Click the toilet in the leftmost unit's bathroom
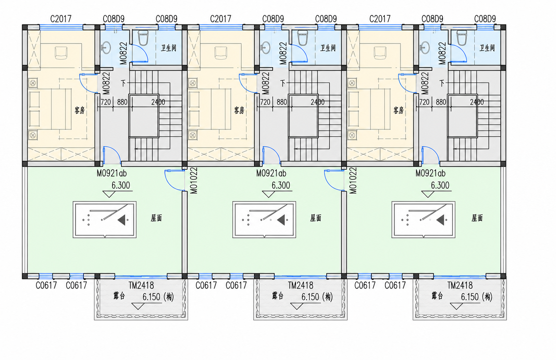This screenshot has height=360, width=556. pos(143,38)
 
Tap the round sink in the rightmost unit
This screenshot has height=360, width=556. pos(425,47)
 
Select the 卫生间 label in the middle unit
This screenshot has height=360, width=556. pos(328,48)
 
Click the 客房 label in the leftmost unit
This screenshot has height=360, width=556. pos(80,110)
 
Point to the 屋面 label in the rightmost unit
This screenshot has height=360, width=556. pos(477,218)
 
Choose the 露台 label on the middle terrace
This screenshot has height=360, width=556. pos(278,296)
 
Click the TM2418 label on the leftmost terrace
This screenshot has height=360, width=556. pos(141,285)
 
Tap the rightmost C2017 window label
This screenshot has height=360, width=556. pos(380,19)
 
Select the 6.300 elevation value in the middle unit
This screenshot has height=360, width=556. pos(281,185)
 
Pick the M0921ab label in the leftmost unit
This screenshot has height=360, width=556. pos(112,173)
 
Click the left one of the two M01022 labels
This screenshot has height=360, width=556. pos(194,181)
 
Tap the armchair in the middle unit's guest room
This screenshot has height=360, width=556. pos(221,53)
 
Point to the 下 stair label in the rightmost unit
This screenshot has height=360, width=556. pos(442,83)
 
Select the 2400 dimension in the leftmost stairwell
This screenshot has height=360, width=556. pos(158,102)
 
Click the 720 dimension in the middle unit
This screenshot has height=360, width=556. pos(265,102)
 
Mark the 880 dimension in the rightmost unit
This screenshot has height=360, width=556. pos(441,102)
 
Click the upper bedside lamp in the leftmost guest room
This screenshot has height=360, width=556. pos(33,83)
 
